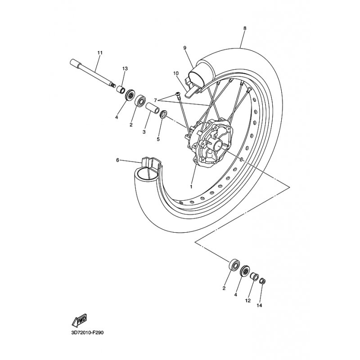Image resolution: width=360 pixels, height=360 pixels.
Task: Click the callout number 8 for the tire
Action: click(x=245, y=28)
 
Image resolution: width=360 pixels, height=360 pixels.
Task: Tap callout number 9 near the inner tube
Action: click(x=184, y=48)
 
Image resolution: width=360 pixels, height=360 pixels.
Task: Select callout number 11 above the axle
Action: click(x=100, y=53)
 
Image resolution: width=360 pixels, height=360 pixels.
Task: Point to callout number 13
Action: click(x=125, y=68)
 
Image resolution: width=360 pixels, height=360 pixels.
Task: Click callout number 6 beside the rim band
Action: click(x=117, y=160)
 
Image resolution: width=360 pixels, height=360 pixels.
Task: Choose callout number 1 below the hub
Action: click(x=191, y=186)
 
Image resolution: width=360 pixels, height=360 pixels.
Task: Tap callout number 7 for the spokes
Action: click(x=155, y=99)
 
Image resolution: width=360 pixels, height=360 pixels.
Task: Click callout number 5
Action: click(x=158, y=139)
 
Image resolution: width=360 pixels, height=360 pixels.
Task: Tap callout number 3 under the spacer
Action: click(x=144, y=132)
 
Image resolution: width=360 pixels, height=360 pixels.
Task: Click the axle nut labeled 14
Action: click(x=263, y=282)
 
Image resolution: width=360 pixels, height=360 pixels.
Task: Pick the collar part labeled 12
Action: click(x=254, y=276)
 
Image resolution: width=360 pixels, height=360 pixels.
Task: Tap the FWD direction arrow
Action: click(x=79, y=320)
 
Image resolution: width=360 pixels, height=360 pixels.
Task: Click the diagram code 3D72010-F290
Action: click(x=88, y=333)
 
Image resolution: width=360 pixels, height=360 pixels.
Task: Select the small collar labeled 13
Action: click(x=121, y=88)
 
